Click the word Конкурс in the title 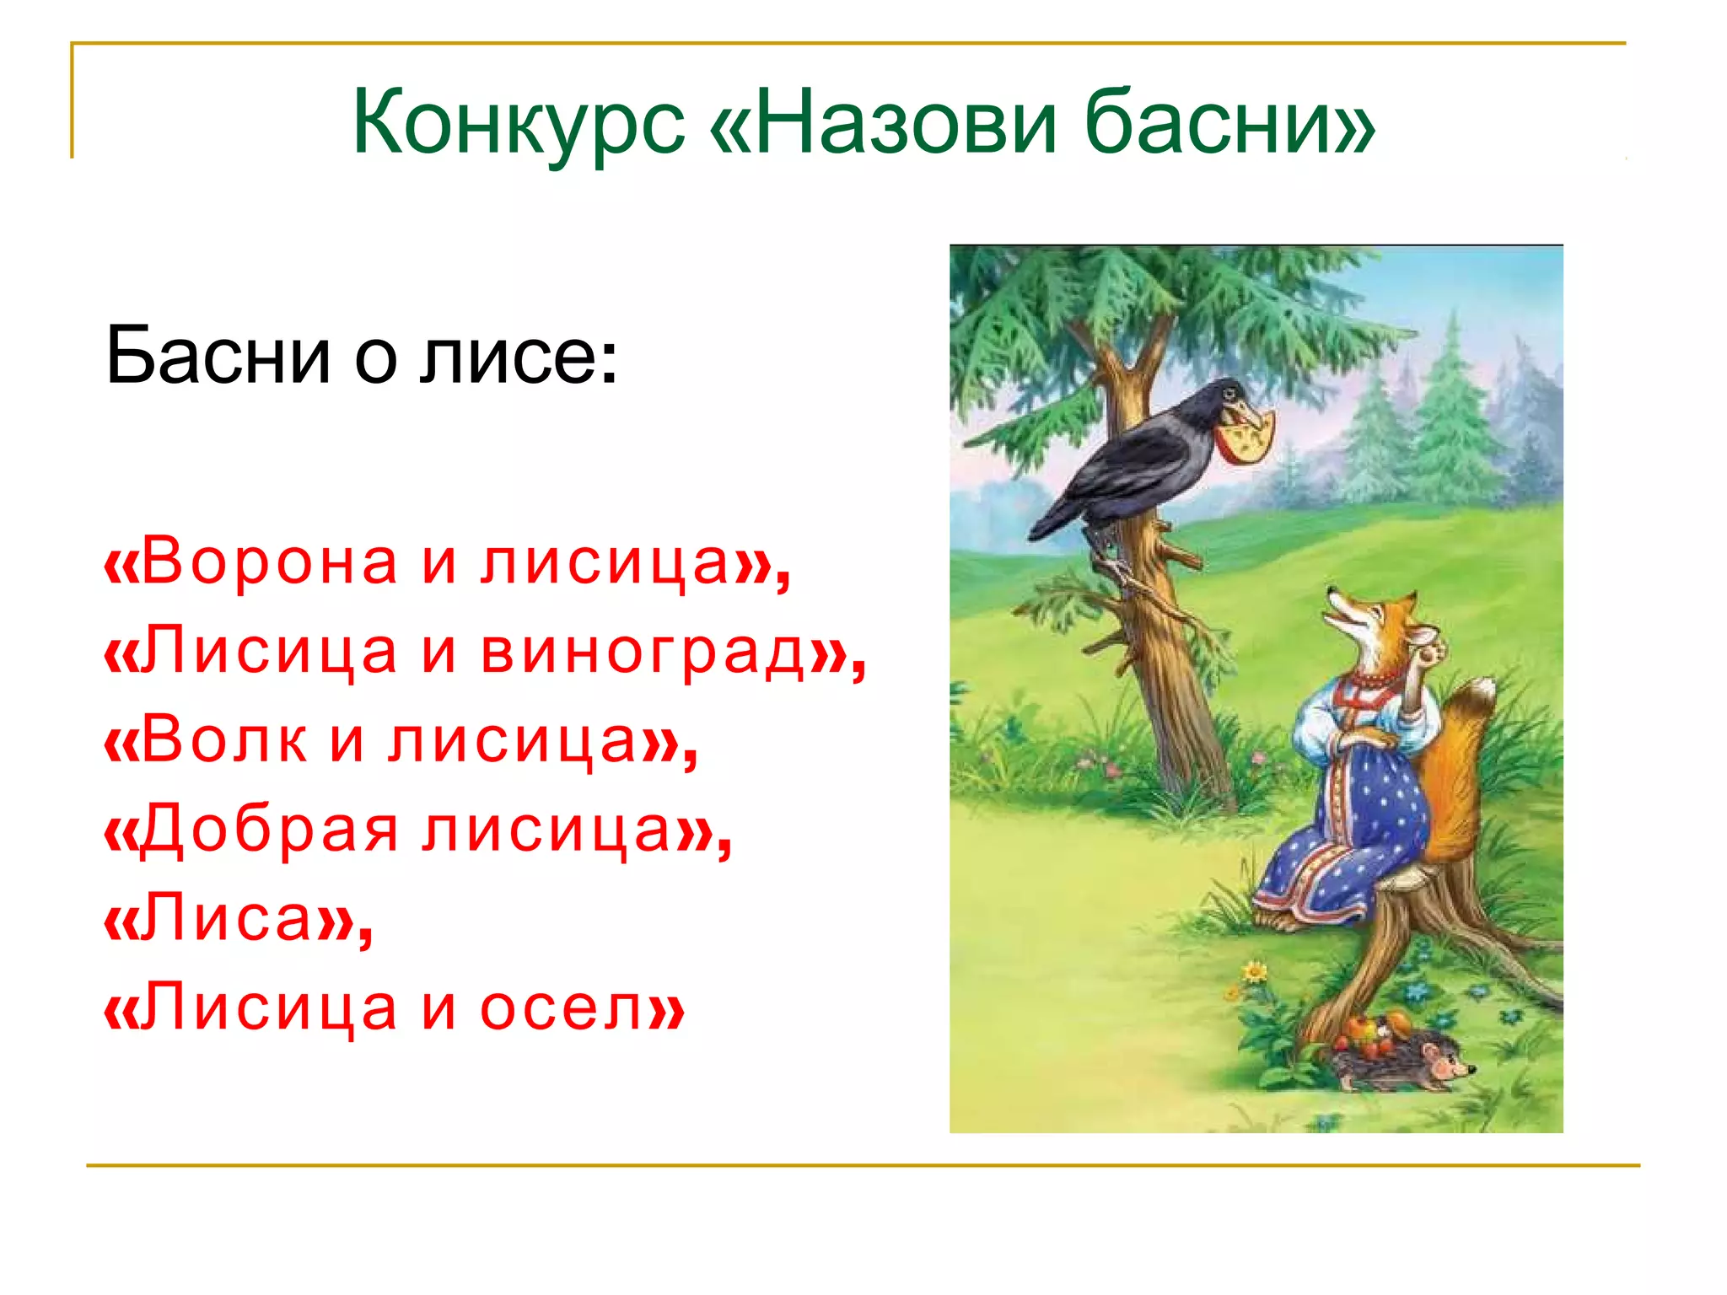tap(518, 125)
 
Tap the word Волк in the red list tap(223, 741)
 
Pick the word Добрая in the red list tap(266, 830)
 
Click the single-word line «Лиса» tap(237, 919)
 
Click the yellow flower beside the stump tap(1256, 971)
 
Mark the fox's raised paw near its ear tap(1429, 649)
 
